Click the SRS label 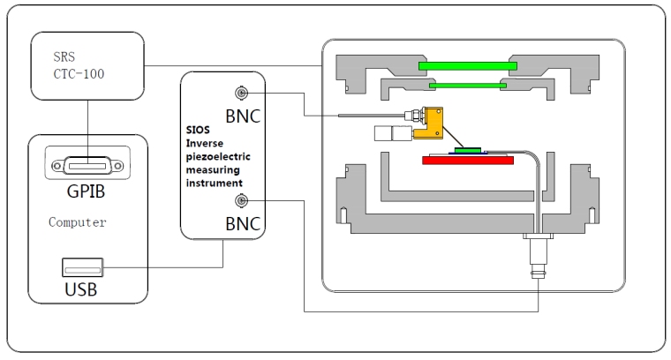click(x=63, y=54)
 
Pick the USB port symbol click(x=84, y=265)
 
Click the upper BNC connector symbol click(x=237, y=94)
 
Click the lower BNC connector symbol click(x=237, y=202)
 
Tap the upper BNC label click(x=242, y=115)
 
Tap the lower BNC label click(x=242, y=224)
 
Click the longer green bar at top click(x=468, y=65)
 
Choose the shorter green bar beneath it click(x=464, y=85)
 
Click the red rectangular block click(x=468, y=161)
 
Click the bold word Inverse click(x=207, y=145)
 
